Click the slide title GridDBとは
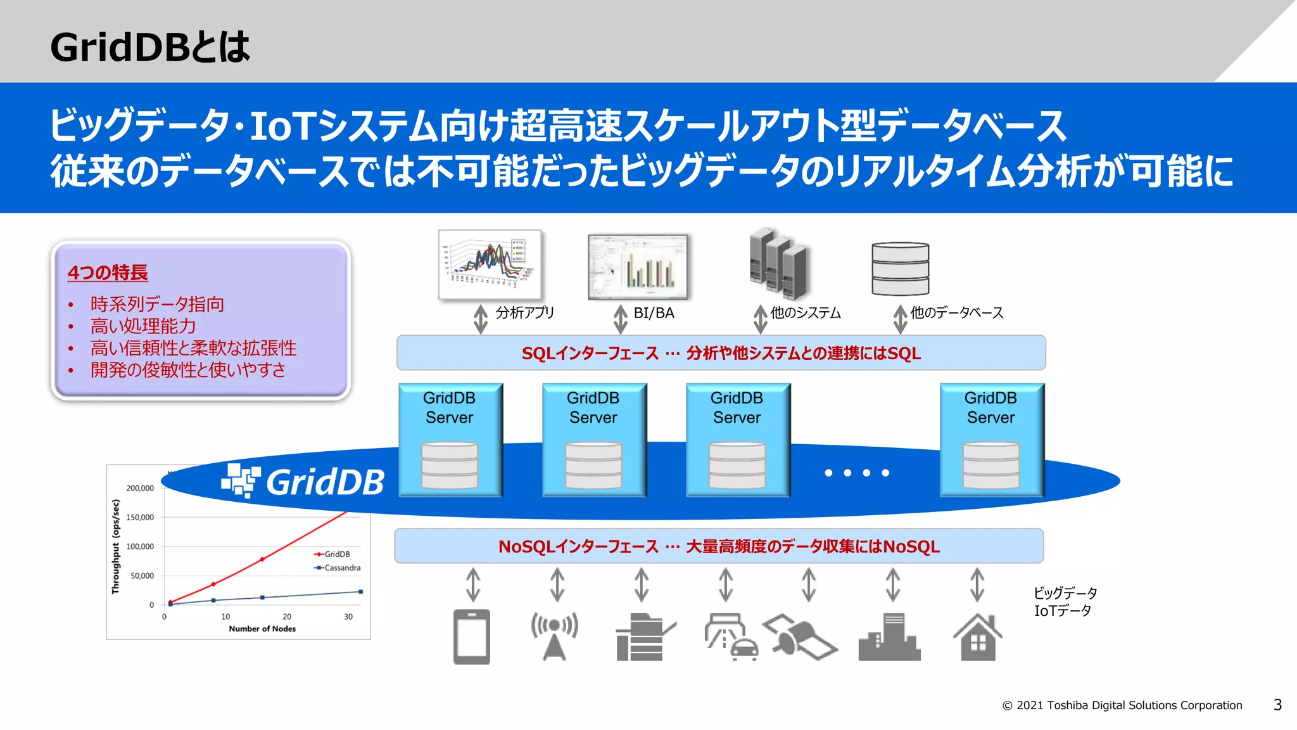150,48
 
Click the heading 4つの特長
108,272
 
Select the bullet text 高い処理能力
143,326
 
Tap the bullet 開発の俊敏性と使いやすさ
188,369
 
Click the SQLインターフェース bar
721,353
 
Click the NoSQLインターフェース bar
719,546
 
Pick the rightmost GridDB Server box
991,439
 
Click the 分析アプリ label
524,313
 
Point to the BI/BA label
654,313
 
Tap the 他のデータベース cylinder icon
900,269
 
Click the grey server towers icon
778,264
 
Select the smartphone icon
472,636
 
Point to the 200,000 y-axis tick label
140,488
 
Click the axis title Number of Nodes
262,629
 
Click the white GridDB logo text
325,482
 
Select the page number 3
1277,705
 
